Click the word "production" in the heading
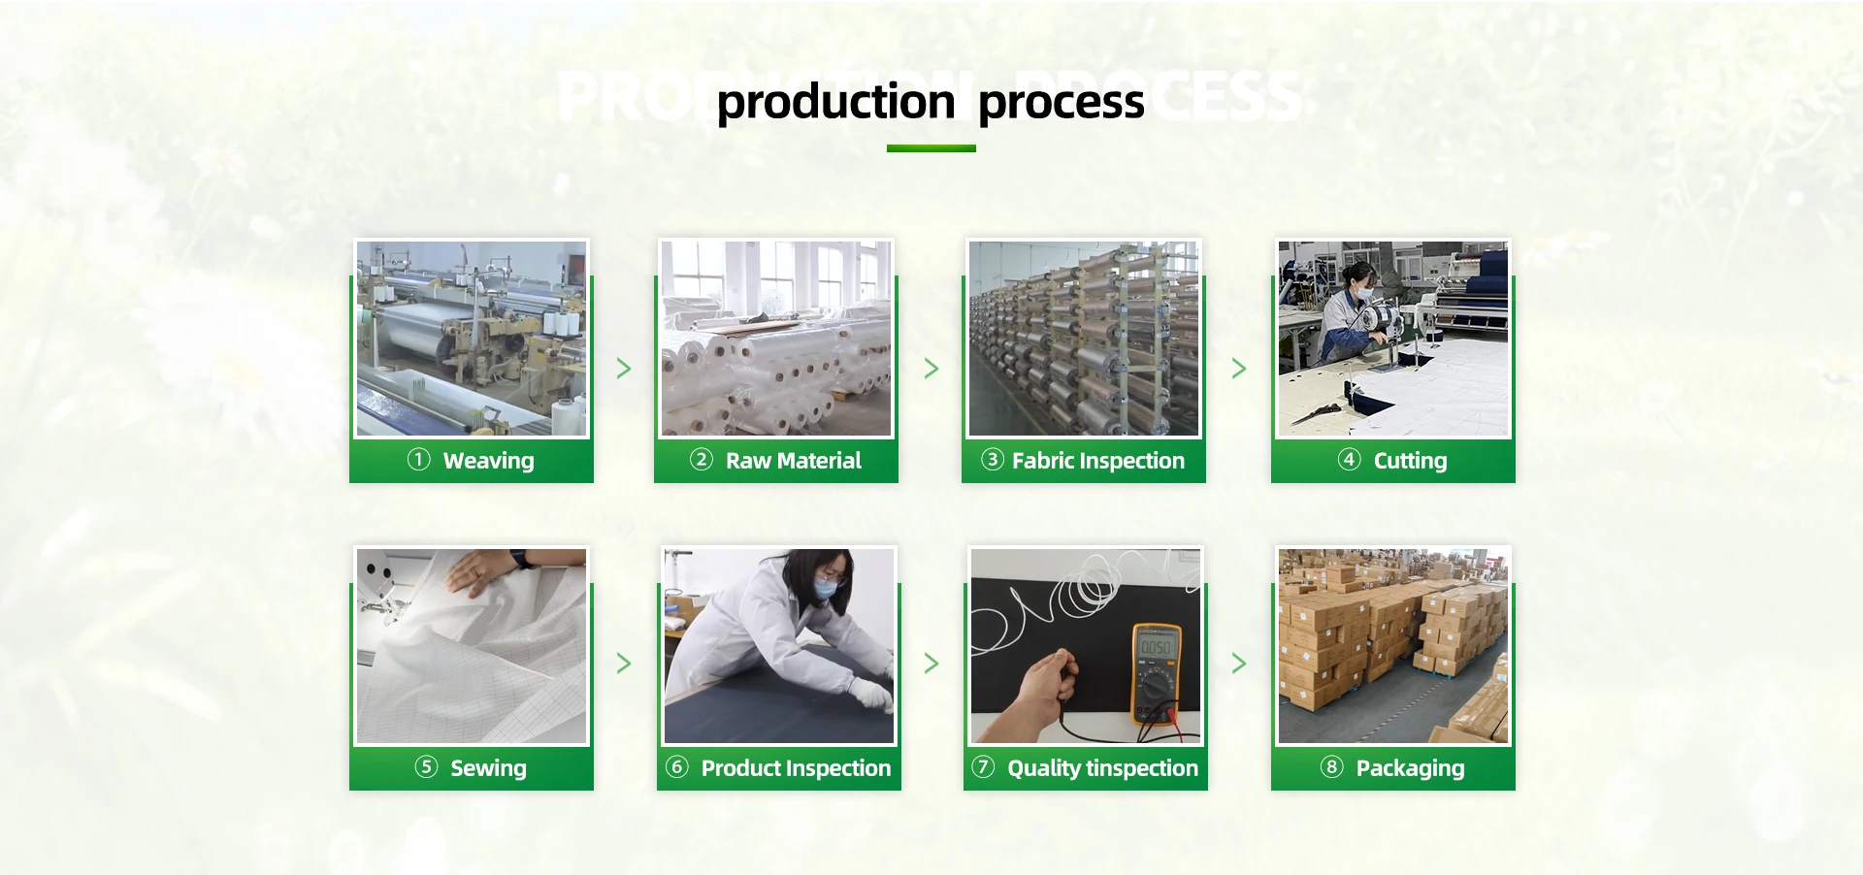(835, 103)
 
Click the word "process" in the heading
(1061, 103)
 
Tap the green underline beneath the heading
(931, 148)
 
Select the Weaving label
(488, 461)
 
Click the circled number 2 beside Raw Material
(701, 460)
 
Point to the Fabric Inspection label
(1097, 461)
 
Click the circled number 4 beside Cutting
(1349, 460)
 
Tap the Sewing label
(488, 768)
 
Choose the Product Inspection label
(796, 768)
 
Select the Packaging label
(1410, 768)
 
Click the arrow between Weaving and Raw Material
(624, 369)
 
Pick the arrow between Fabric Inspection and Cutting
(1239, 369)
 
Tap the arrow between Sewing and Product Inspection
(624, 664)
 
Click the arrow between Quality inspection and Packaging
(1239, 664)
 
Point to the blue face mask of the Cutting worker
(1364, 291)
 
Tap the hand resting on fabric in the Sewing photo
(479, 571)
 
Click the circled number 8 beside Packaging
(1331, 767)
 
